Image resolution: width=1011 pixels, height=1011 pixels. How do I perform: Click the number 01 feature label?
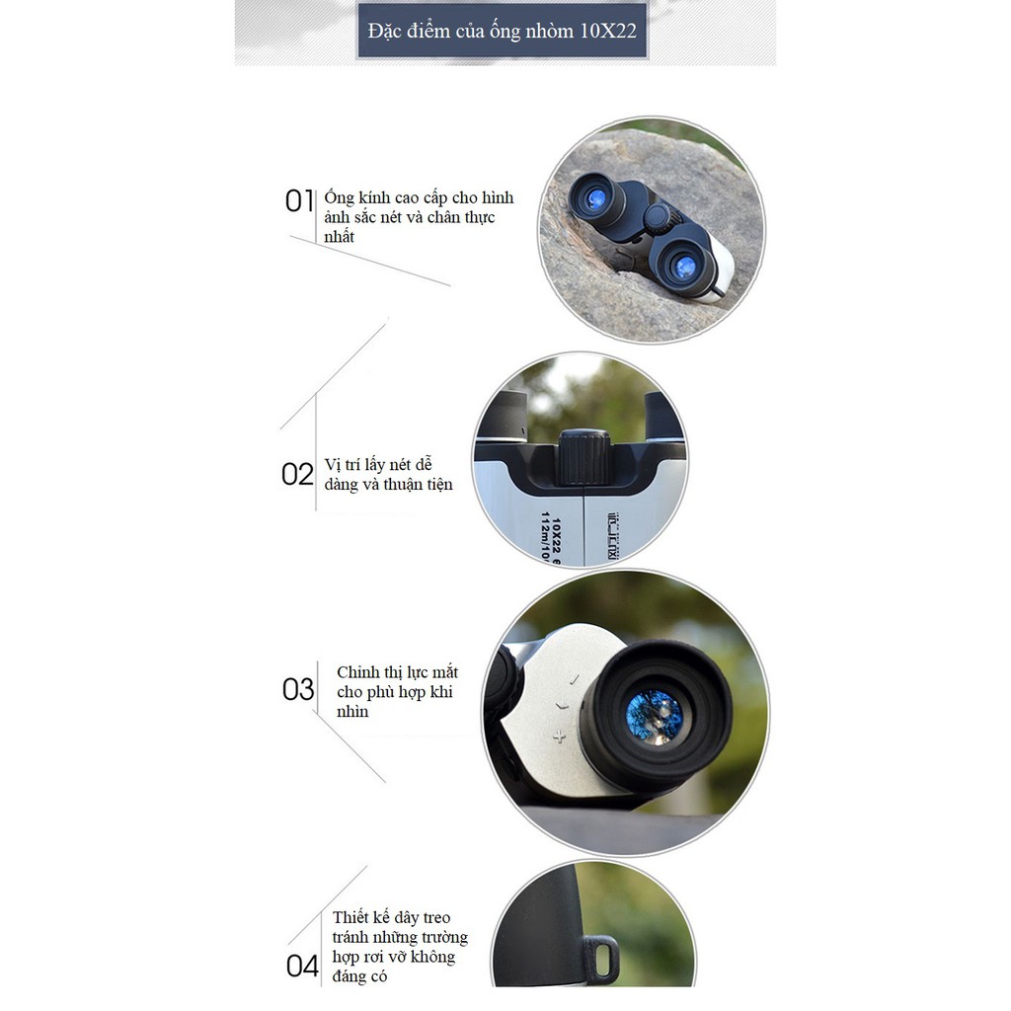[299, 201]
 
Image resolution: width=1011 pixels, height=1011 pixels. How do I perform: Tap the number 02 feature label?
[297, 475]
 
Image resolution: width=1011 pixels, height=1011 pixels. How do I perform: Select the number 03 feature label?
[298, 689]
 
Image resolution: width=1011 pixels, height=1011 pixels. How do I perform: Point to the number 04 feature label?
[302, 967]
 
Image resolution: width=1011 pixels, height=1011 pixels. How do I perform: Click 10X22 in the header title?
[608, 31]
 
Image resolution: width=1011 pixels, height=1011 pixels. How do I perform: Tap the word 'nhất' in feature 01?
[340, 237]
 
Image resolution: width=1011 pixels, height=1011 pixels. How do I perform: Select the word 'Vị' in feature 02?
[332, 465]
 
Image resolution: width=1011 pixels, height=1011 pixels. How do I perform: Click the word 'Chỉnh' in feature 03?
[357, 672]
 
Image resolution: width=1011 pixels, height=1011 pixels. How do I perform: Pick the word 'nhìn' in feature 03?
[352, 712]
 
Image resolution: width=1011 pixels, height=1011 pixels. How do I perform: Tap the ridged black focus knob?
[583, 458]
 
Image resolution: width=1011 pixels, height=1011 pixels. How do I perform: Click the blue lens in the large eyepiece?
[655, 717]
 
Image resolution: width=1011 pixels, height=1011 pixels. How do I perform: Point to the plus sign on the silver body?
[559, 736]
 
